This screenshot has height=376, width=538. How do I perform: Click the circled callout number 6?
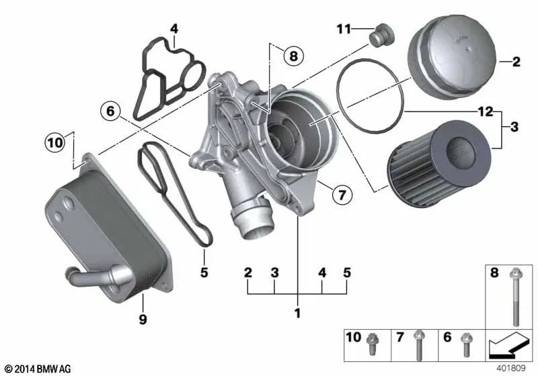(x=111, y=110)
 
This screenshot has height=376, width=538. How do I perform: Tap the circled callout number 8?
(x=293, y=56)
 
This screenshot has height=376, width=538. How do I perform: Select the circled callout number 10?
(x=54, y=142)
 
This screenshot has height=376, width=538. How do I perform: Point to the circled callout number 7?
(x=342, y=195)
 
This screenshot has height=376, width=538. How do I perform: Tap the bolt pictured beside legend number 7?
(x=418, y=344)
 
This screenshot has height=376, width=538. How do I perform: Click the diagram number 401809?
(x=510, y=369)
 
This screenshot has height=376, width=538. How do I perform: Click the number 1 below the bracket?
(x=297, y=314)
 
